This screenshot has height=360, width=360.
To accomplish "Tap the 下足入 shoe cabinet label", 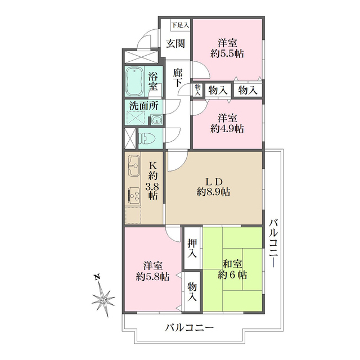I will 180,25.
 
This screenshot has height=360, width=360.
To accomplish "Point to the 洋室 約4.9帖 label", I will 227,123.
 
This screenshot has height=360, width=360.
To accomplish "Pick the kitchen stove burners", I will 134,195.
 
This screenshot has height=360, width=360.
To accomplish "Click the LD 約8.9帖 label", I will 213,186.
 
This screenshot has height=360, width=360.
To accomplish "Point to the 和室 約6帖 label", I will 232,270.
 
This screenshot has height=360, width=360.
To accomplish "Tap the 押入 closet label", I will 192,249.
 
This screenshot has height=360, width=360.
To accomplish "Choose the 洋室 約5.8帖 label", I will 152,271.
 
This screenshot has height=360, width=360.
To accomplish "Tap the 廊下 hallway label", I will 177,78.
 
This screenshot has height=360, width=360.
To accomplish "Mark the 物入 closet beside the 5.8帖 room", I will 192,291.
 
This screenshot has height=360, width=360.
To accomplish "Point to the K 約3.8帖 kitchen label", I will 152,180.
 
